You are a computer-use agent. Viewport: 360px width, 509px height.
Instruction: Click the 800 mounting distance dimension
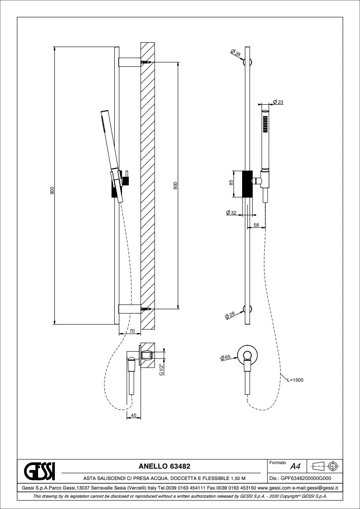click(175, 185)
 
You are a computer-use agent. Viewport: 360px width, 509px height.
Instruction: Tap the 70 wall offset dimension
click(132, 331)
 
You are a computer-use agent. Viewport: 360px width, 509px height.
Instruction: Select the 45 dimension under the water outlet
click(133, 415)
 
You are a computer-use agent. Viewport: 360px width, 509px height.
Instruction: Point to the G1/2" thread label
click(161, 369)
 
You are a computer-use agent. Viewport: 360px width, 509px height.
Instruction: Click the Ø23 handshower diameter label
click(278, 102)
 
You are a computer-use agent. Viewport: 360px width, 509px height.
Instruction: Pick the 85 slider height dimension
click(231, 183)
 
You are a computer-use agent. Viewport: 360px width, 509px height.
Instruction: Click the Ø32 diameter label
click(231, 213)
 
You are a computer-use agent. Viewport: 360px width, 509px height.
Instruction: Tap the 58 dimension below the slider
click(256, 225)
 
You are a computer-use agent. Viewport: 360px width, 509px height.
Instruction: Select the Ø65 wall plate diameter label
click(225, 358)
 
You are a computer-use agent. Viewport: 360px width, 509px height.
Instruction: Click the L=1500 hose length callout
click(296, 380)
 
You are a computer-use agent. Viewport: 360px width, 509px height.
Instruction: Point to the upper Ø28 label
click(236, 53)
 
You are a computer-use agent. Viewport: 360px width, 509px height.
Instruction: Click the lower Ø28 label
click(230, 315)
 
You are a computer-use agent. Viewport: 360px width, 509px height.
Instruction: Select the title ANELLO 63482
click(165, 466)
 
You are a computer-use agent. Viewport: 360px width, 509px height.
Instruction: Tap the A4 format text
click(296, 467)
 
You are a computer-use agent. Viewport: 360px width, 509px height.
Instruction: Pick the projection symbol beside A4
click(324, 466)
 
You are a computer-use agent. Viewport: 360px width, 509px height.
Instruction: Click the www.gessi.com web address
click(274, 488)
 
